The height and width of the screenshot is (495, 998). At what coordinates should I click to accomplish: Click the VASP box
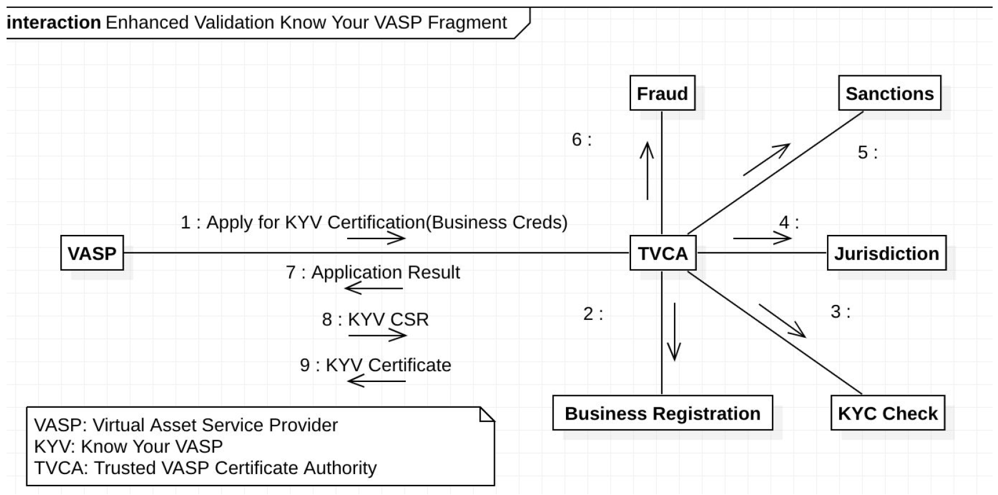92,253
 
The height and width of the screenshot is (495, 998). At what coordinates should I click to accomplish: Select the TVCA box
662,253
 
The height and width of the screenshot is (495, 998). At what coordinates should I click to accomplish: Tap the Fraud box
662,93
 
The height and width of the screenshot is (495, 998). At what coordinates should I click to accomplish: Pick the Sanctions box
889,93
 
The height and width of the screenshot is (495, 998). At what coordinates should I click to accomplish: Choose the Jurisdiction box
886,253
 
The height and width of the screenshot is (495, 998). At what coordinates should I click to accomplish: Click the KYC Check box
887,413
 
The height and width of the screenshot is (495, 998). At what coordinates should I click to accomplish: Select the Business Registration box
662,413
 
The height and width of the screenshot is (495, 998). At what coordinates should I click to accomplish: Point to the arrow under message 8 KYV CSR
377,335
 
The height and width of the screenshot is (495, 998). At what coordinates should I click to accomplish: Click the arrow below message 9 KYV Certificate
376,380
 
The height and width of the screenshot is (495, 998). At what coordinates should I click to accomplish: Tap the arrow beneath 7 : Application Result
374,288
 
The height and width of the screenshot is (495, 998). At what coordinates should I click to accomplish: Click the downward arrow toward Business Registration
675,332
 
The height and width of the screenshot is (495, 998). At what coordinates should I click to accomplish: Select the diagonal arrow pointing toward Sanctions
767,160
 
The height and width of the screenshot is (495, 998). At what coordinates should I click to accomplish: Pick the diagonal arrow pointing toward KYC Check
782,321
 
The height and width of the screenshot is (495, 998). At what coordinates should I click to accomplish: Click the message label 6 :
581,140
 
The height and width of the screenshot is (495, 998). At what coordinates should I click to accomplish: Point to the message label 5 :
867,152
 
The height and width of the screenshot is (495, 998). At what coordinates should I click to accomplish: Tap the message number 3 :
840,311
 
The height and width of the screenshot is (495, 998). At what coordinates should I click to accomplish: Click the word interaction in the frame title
54,23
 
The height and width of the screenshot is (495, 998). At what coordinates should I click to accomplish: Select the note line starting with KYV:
128,446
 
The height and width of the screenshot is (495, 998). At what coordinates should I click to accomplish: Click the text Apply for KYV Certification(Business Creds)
387,222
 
